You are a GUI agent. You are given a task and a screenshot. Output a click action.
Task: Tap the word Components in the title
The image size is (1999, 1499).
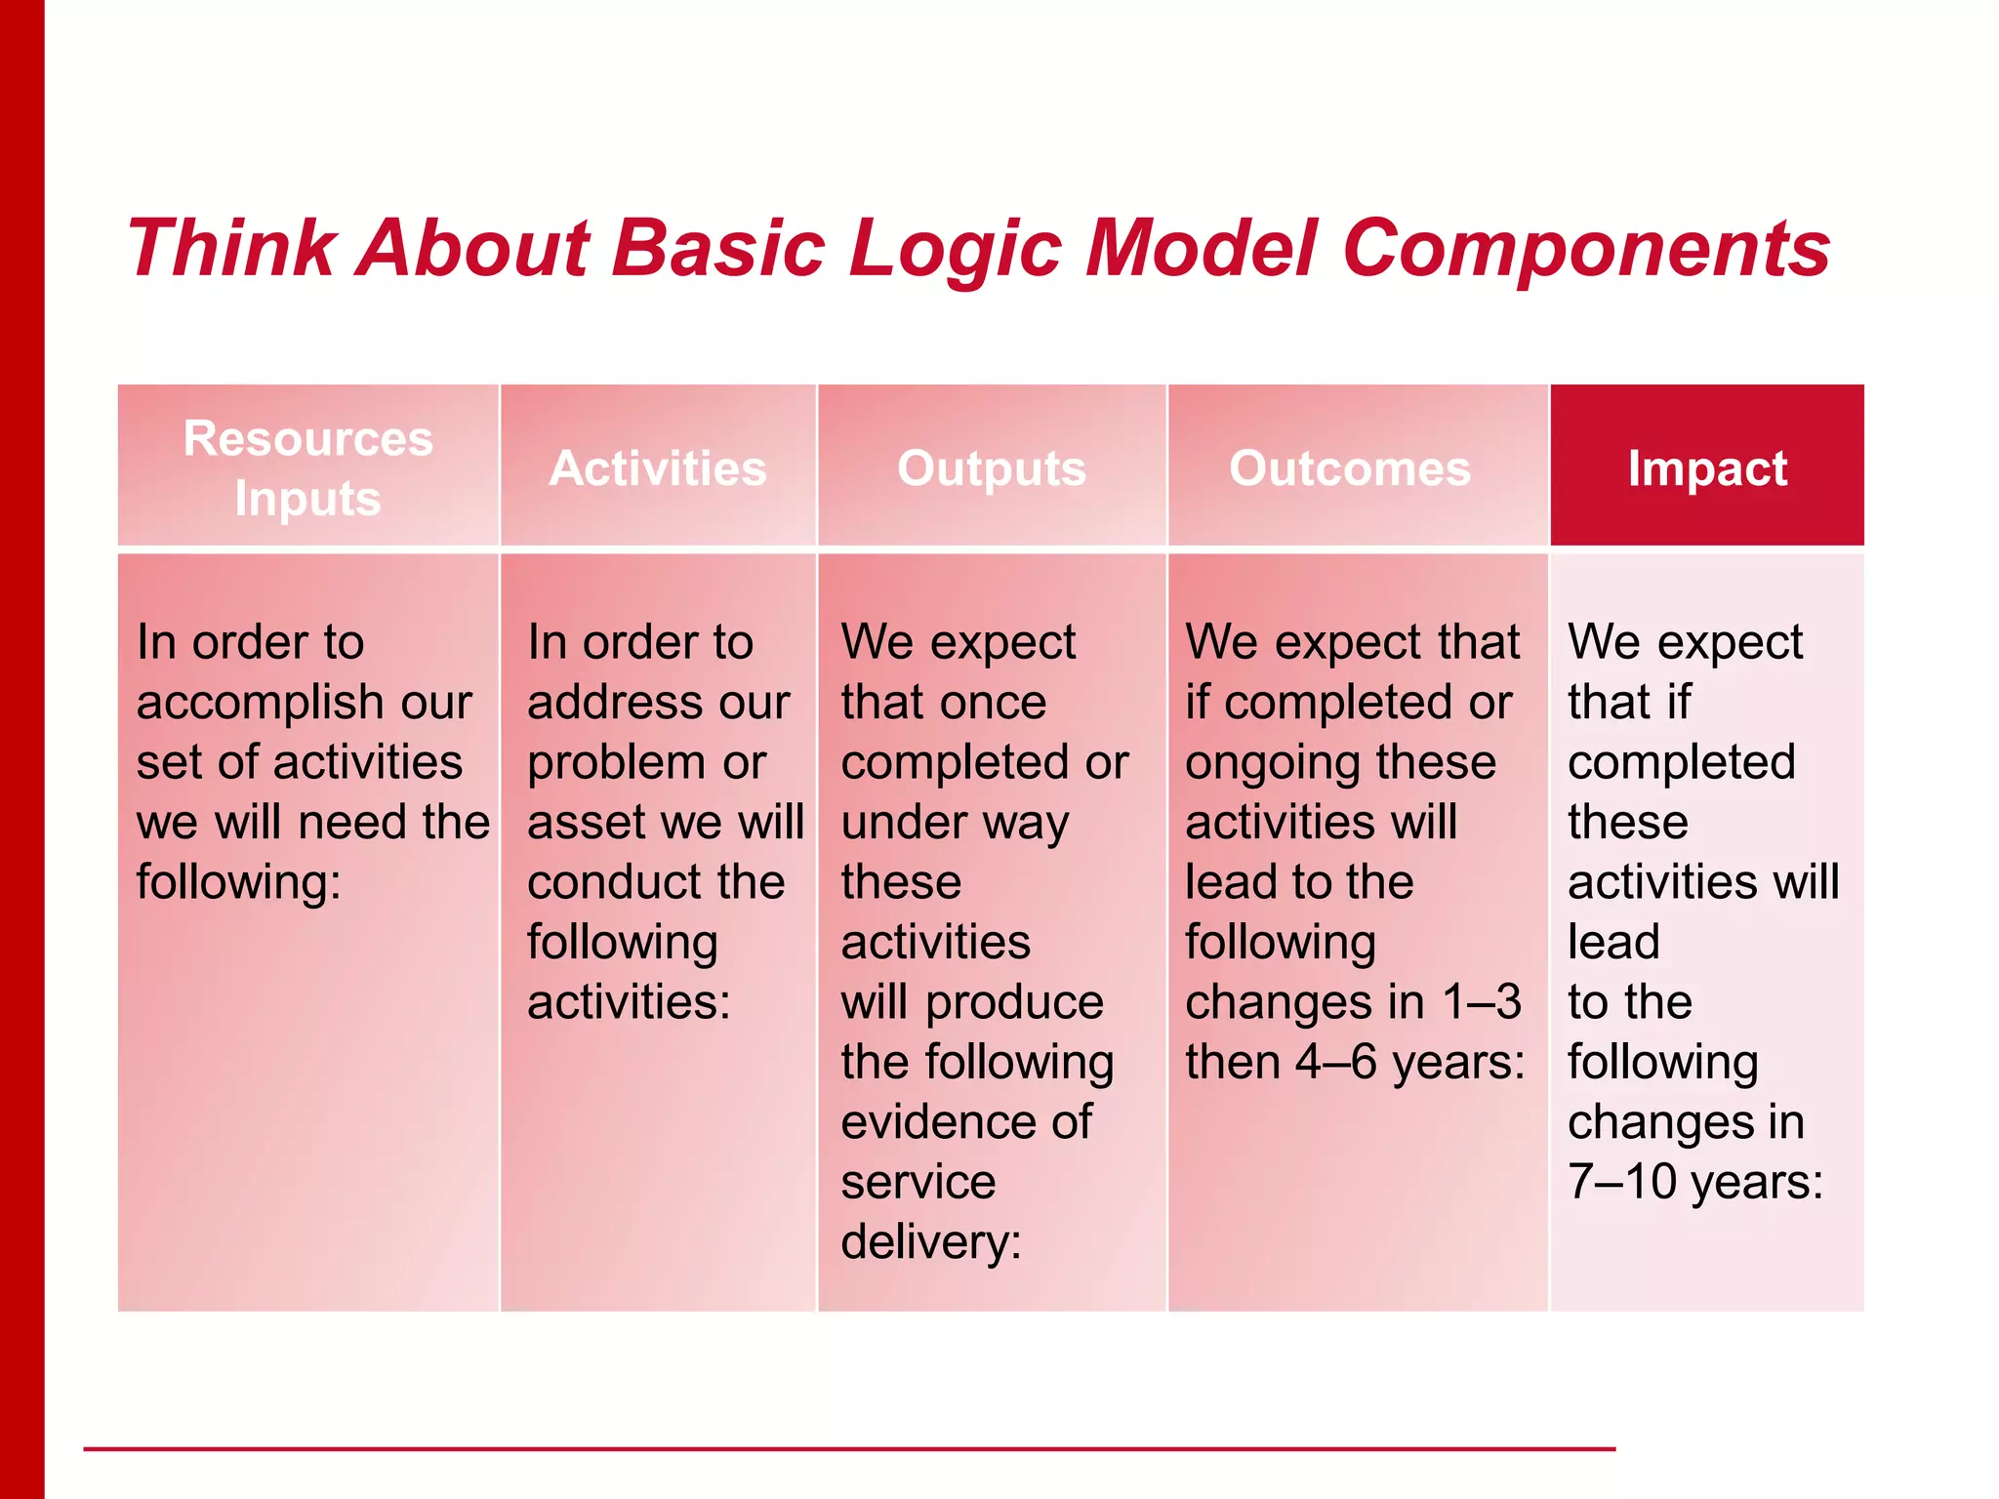point(1585,249)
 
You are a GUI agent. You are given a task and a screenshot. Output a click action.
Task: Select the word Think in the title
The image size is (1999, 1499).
point(232,249)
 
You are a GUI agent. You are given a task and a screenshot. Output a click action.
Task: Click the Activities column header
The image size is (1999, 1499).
point(658,468)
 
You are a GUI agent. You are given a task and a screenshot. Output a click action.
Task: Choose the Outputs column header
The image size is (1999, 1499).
point(992,468)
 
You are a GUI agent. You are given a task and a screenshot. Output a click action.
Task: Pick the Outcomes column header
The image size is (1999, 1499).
point(1350,468)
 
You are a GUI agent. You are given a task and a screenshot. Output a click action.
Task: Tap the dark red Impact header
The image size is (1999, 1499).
point(1707,468)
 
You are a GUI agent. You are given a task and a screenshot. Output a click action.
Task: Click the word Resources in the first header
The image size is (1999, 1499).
point(308,438)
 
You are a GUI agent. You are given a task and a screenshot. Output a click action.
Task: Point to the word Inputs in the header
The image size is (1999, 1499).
point(308,499)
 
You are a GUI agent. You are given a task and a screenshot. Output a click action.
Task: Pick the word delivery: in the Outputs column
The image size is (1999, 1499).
point(930,1242)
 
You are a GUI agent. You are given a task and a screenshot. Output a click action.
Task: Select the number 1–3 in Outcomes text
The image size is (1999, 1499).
point(1482,1002)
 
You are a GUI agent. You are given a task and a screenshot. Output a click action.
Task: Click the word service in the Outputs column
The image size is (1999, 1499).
point(918,1182)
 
